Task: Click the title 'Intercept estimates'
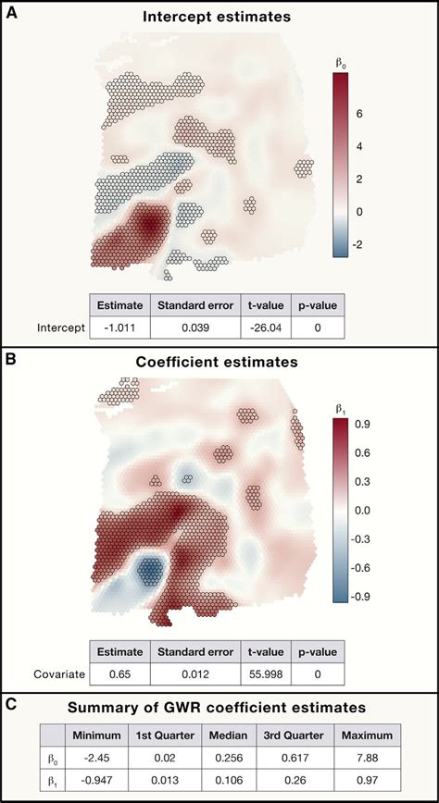(219, 17)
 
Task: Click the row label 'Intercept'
(61, 327)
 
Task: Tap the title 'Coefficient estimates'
(219, 363)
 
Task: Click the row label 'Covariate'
(61, 675)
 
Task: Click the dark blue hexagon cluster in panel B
(147, 572)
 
